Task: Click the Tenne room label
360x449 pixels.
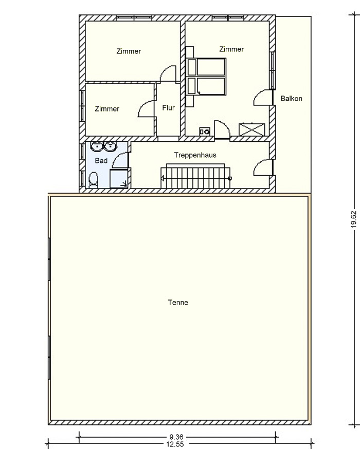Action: click(x=178, y=303)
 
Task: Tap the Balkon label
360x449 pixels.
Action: click(x=291, y=99)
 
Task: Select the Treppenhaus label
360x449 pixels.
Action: click(x=195, y=155)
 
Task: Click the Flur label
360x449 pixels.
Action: click(x=168, y=108)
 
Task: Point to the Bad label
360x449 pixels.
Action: click(x=101, y=161)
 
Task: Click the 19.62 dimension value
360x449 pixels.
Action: click(x=354, y=220)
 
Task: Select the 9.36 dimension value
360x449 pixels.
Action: click(x=176, y=437)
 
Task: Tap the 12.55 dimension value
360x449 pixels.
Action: click(x=175, y=444)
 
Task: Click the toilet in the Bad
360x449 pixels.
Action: click(x=94, y=180)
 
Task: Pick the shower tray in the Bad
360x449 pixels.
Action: click(x=119, y=178)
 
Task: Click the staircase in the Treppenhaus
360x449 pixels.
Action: click(x=195, y=176)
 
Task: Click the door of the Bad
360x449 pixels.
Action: click(x=120, y=160)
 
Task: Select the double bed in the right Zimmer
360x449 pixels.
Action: click(x=206, y=77)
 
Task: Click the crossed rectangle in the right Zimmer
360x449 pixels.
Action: click(x=251, y=129)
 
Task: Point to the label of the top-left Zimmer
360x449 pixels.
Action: click(x=129, y=51)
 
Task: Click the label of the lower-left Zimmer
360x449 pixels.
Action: click(x=107, y=109)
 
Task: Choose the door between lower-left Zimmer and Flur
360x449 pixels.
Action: click(x=147, y=109)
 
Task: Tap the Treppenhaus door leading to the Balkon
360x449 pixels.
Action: click(x=263, y=167)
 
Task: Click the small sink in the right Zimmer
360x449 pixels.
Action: click(x=205, y=132)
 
